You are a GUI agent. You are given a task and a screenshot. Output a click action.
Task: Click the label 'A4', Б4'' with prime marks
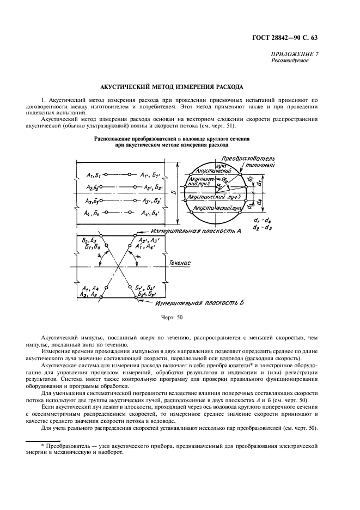click(150, 213)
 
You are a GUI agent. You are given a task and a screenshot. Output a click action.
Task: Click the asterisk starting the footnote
click(42, 446)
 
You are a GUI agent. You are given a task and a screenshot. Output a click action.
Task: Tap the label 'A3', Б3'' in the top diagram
click(150, 201)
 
